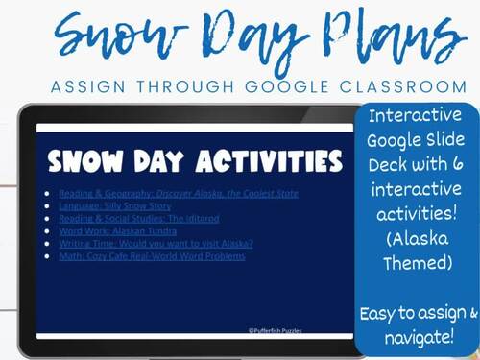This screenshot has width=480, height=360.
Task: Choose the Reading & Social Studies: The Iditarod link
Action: tap(134, 218)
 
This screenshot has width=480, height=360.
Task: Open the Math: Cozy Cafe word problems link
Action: tap(154, 255)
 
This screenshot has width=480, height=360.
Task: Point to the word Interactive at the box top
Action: tap(417, 119)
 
